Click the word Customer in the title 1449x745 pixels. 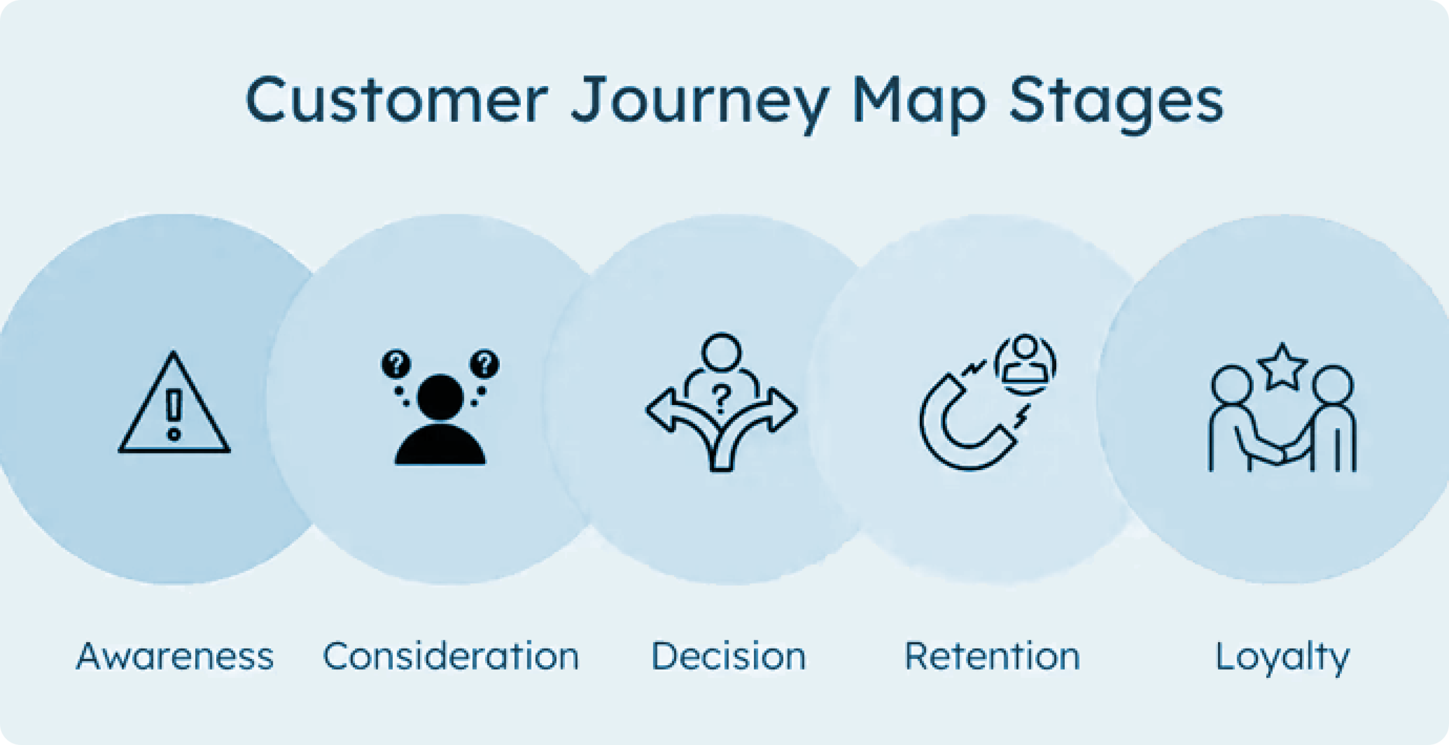click(x=397, y=100)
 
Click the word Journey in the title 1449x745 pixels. click(x=700, y=105)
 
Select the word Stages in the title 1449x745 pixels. click(x=1116, y=105)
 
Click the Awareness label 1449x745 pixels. click(x=175, y=656)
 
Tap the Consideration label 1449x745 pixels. click(x=451, y=656)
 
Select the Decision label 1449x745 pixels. click(x=728, y=656)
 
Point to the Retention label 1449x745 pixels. click(x=992, y=656)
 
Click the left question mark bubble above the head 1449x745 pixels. click(x=396, y=363)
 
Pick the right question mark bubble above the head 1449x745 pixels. click(x=485, y=363)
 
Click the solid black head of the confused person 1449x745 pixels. click(x=440, y=398)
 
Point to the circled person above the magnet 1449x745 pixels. click(x=1025, y=363)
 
